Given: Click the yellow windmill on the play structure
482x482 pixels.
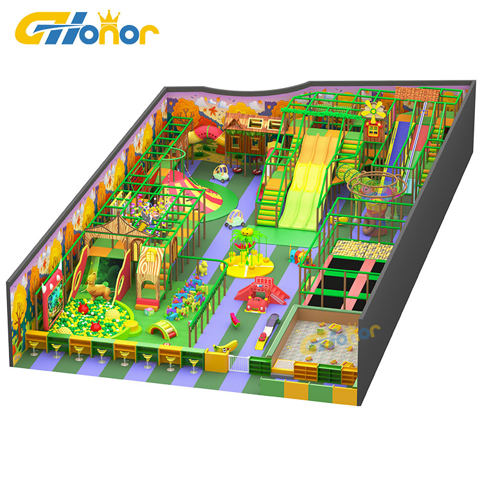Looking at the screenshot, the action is (373, 109).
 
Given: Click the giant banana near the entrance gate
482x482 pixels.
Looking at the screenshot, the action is (226, 346).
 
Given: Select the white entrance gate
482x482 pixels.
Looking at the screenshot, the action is (238, 363).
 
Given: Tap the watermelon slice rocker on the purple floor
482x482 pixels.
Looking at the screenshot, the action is (235, 319).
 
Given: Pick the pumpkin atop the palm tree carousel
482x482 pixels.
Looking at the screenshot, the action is (247, 231).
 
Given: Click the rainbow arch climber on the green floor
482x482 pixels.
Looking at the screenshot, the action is (163, 328).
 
